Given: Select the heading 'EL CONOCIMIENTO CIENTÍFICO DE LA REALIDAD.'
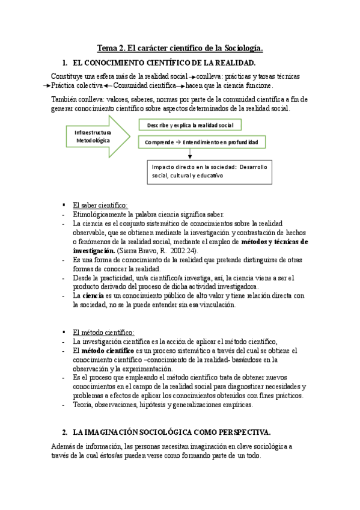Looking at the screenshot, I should (164, 63).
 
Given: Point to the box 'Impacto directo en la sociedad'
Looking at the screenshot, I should (210, 171).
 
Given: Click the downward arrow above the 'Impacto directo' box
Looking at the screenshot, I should (189, 154).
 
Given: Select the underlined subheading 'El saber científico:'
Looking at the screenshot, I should (100, 204).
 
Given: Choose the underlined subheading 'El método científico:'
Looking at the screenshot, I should (103, 332).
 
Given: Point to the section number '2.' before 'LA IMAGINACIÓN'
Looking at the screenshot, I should (65, 432).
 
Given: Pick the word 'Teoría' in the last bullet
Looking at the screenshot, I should (82, 404).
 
